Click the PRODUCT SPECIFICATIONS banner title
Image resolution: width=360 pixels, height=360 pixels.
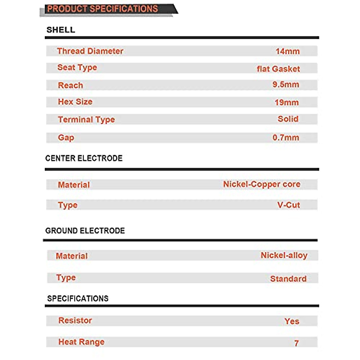coord(103,9)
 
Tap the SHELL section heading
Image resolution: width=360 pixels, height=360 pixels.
coord(61,30)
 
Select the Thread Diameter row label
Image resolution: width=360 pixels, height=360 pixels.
coord(90,51)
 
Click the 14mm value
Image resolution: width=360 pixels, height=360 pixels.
coord(287,51)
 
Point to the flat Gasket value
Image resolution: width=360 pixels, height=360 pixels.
coord(278,69)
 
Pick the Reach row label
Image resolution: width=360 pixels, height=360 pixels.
coord(70,85)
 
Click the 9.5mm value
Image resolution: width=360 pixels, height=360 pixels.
coord(286,84)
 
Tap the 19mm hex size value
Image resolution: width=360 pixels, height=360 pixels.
coord(286,102)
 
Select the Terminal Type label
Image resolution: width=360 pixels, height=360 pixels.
coord(86,119)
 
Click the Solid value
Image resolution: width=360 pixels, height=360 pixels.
coord(288,119)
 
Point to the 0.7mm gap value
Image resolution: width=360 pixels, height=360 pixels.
coord(286,137)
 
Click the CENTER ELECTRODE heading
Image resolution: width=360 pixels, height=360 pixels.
coord(84,158)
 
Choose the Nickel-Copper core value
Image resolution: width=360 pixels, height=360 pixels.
coord(262,184)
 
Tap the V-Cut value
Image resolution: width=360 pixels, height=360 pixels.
coord(288,205)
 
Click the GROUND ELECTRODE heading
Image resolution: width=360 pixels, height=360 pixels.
coord(85,231)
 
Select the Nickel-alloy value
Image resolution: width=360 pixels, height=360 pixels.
coord(284,255)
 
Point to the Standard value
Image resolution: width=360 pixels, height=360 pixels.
coord(288,279)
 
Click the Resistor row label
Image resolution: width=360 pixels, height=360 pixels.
coord(75,320)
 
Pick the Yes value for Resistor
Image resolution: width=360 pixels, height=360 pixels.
coord(292,321)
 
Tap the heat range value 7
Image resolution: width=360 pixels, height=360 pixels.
coord(296,343)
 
